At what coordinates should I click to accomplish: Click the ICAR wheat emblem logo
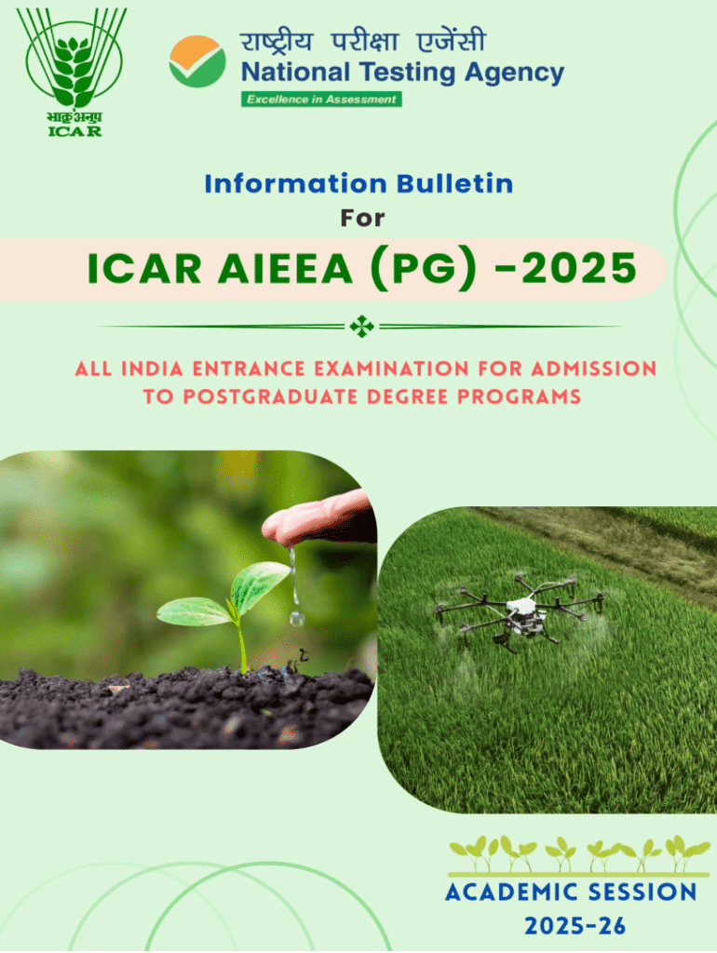(73, 72)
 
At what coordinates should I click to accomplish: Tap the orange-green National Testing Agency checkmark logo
(197, 61)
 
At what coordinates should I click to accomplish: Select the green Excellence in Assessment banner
(321, 99)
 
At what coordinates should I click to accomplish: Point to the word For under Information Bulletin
(362, 218)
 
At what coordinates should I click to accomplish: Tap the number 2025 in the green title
(579, 268)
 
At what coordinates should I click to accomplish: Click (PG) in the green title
(424, 269)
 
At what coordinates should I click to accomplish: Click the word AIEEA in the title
(285, 269)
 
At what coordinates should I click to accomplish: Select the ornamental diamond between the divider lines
(362, 327)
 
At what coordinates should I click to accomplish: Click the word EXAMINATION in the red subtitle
(391, 369)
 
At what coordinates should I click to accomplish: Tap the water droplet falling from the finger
(296, 618)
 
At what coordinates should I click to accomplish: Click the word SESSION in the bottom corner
(643, 893)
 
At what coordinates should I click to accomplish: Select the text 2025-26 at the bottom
(575, 926)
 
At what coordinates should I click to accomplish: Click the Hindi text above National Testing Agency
(363, 42)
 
